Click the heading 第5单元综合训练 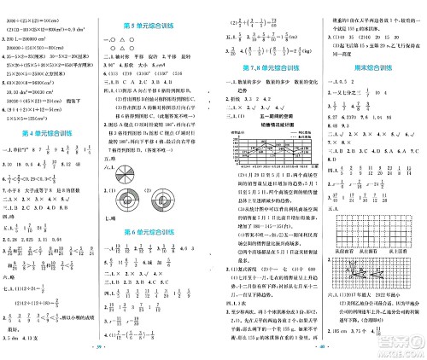click(x=160, y=26)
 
